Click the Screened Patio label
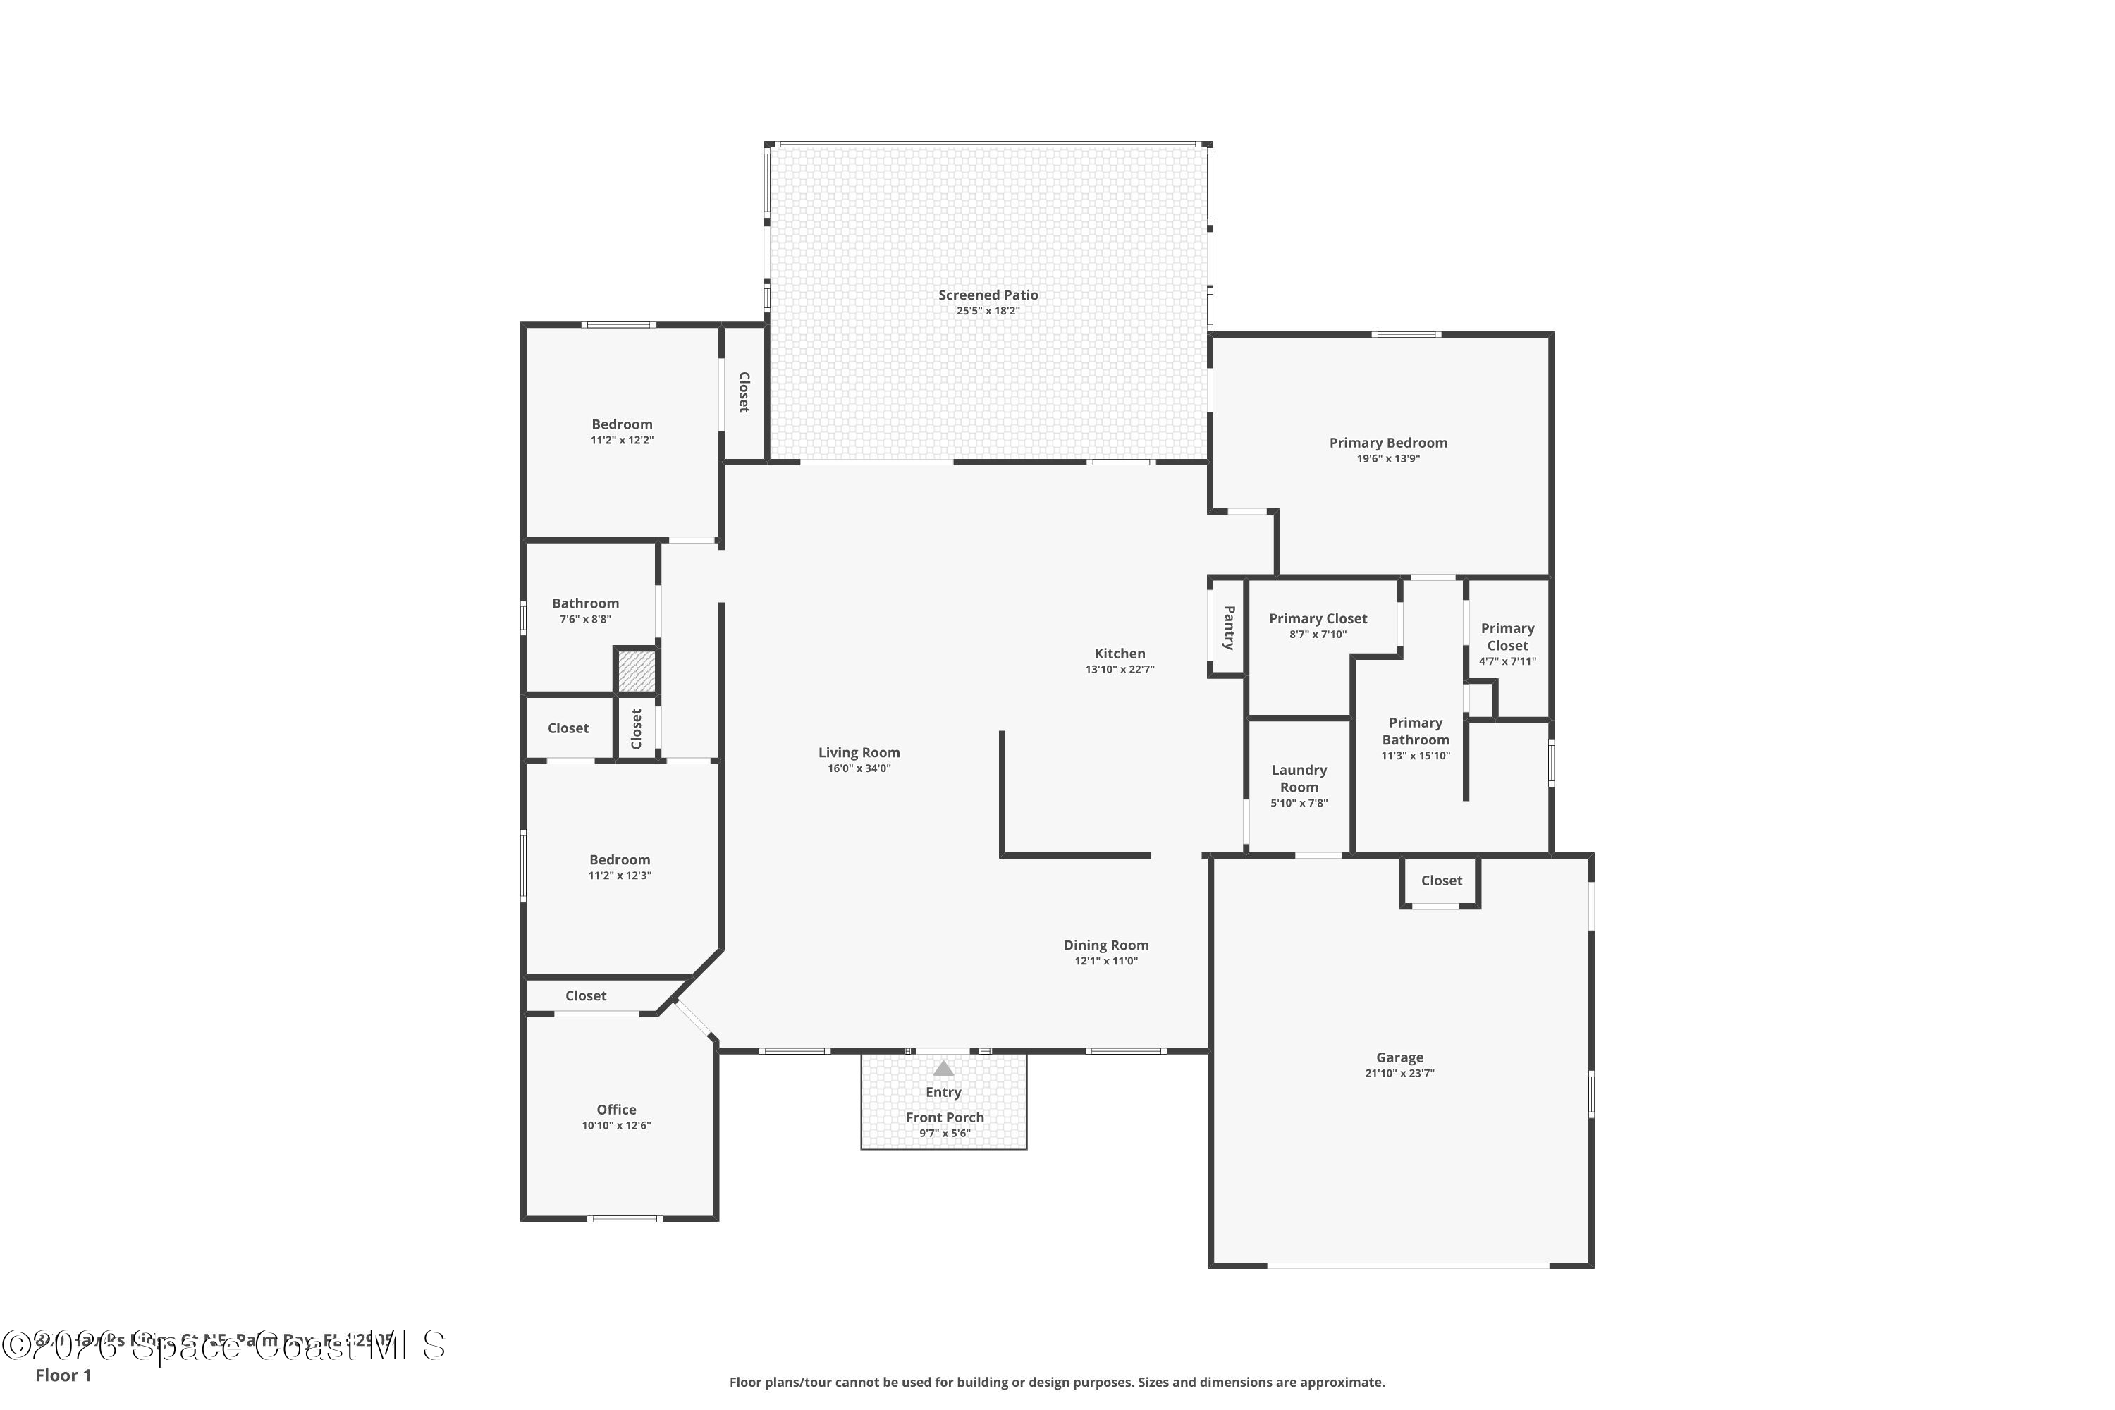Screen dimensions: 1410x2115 click(988, 295)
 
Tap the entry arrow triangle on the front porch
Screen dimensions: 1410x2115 click(943, 1068)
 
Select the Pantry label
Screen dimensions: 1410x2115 click(1228, 627)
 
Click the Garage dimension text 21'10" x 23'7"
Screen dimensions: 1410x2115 click(1399, 1073)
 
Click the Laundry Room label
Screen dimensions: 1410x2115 click(1299, 778)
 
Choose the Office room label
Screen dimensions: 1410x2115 click(616, 1110)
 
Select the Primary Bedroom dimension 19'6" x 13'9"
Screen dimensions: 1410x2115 click(1387, 459)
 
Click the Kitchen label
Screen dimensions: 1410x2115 click(1120, 654)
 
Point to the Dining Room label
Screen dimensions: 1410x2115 click(1105, 945)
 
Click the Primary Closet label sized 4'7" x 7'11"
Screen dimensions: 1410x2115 click(1507, 637)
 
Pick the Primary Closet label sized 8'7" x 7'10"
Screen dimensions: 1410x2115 click(1318, 619)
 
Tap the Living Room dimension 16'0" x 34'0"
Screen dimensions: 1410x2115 click(859, 768)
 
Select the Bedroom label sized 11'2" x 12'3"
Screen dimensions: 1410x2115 click(620, 859)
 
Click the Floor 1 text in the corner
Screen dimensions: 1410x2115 click(63, 1375)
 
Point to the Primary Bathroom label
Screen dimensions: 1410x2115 click(1416, 731)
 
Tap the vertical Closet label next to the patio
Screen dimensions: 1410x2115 click(744, 392)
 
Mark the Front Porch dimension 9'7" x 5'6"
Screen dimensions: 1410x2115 click(944, 1133)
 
